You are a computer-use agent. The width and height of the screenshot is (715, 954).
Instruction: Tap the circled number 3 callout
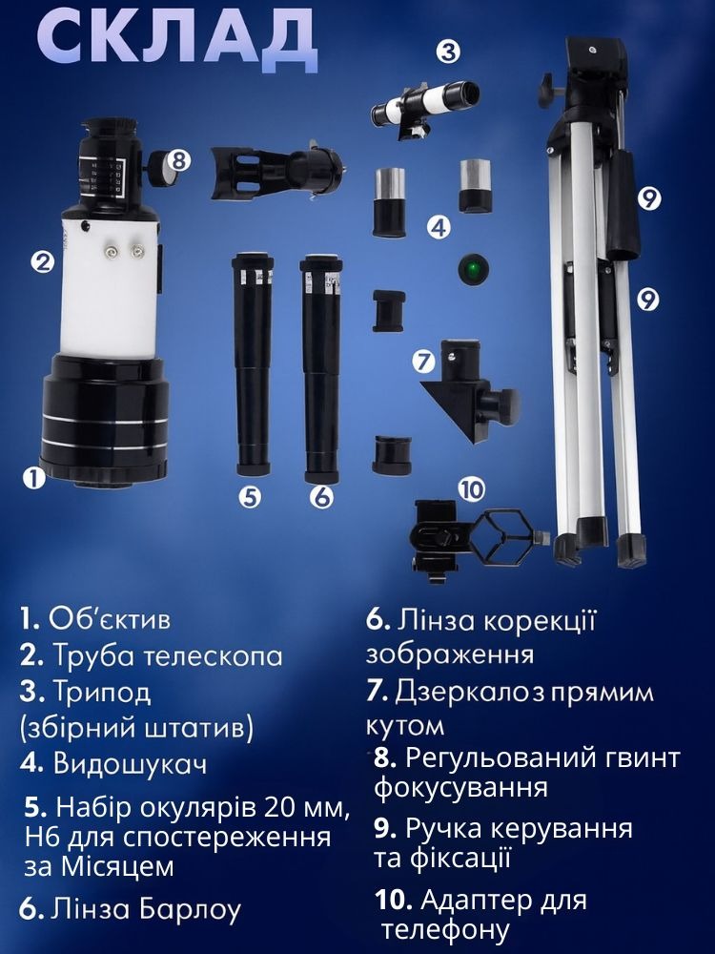coord(448,52)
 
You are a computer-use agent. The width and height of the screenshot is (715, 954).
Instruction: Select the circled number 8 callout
coord(178,160)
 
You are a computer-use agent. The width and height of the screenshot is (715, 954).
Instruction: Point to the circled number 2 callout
coord(43,263)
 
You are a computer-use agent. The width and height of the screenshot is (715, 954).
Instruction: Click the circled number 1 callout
coord(33,478)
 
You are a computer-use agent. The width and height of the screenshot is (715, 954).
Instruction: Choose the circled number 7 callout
coord(423,362)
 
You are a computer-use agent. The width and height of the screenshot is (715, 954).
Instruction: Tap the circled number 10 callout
coord(472,488)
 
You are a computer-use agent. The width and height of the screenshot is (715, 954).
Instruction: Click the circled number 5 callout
coord(250,497)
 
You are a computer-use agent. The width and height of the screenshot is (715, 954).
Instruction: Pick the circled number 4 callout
coord(439,228)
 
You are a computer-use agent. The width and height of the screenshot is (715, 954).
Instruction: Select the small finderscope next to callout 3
coord(424,102)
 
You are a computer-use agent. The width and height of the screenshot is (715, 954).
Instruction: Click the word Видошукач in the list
coord(130,764)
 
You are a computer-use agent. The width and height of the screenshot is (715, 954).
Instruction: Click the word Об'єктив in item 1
coord(110,619)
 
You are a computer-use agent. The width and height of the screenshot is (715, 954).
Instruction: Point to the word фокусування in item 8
coord(460,788)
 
